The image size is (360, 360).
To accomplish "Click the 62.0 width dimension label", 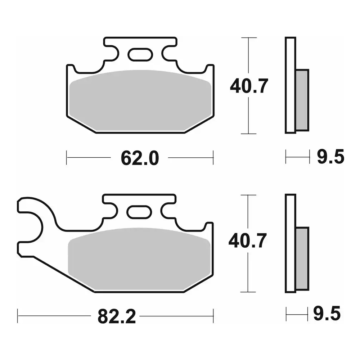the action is (x=140, y=158).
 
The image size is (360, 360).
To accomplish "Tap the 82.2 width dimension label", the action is (x=117, y=316).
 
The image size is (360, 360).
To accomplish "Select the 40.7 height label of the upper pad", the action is (x=249, y=86).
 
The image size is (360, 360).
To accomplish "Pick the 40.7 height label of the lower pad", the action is (x=248, y=240).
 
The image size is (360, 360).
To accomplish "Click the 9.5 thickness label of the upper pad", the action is (x=330, y=157).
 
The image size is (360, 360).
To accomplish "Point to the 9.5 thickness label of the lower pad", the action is (x=327, y=314).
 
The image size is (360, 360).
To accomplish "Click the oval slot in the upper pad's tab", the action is (x=140, y=55).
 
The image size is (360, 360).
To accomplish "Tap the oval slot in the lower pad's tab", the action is (x=139, y=212).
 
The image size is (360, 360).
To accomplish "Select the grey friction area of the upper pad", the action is (x=140, y=101).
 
